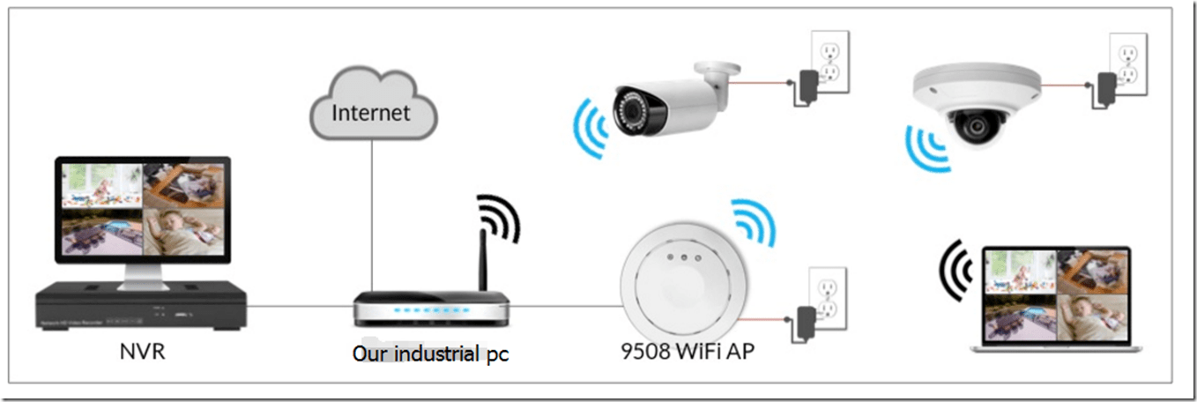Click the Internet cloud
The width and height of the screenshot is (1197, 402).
click(x=372, y=110)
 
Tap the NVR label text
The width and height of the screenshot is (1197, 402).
click(x=142, y=353)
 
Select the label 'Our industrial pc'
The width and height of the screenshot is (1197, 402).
click(x=430, y=354)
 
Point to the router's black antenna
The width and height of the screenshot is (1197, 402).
click(x=482, y=259)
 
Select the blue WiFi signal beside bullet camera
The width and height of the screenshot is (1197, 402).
click(x=588, y=129)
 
